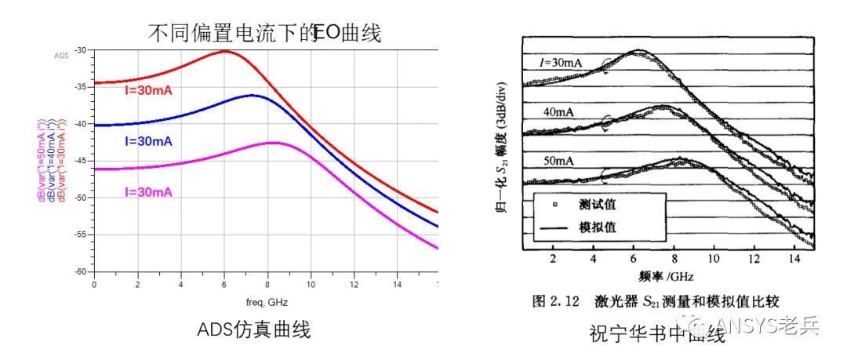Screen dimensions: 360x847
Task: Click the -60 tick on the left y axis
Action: click(x=81, y=271)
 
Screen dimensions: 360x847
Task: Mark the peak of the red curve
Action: click(x=225, y=51)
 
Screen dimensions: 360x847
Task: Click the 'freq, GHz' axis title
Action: click(x=265, y=302)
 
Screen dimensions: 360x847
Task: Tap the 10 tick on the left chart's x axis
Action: click(x=311, y=283)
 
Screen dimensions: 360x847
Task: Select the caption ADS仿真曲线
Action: click(x=253, y=330)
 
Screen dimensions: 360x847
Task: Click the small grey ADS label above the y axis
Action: click(x=61, y=56)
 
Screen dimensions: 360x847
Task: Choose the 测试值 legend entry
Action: click(x=596, y=205)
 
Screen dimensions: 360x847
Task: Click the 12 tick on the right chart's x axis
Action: click(x=754, y=259)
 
